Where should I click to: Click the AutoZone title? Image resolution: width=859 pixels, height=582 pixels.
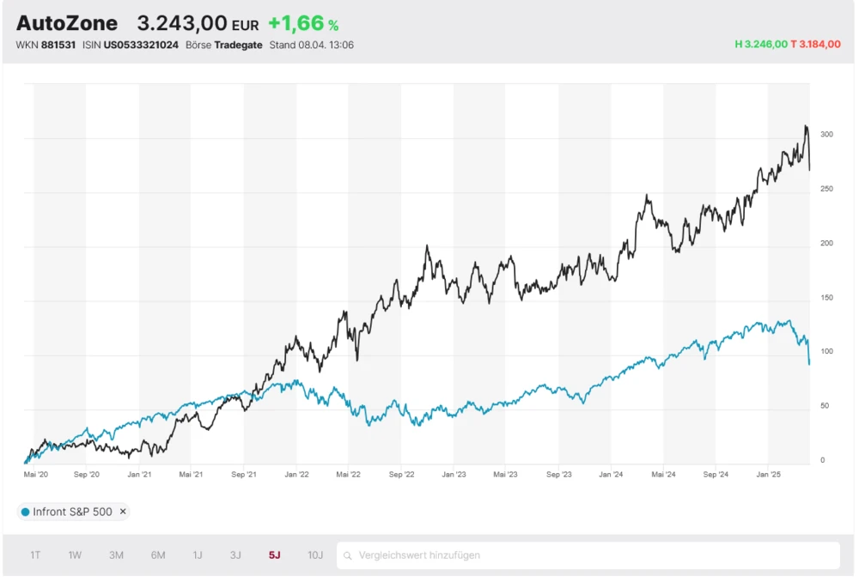[67, 23]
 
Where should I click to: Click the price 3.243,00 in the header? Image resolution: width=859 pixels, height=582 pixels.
[182, 23]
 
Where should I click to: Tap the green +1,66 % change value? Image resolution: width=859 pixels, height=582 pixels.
[303, 24]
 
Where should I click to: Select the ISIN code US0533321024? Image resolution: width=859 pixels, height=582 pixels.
[141, 45]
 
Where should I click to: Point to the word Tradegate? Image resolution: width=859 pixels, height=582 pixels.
[238, 45]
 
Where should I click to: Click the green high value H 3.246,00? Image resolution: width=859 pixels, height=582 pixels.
[761, 44]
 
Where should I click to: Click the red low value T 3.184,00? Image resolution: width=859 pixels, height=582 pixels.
[815, 44]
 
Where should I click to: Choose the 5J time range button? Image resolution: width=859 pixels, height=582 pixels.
[275, 555]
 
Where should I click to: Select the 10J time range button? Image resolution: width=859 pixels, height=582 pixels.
[315, 555]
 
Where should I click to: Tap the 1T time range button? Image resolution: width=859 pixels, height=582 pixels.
[35, 555]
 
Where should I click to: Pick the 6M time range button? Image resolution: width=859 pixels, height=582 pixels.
[158, 555]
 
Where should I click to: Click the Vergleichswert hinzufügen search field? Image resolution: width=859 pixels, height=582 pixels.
[588, 555]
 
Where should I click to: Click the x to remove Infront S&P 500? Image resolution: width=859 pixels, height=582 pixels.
[123, 512]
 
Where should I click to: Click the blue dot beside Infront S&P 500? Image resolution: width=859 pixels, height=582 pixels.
[25, 512]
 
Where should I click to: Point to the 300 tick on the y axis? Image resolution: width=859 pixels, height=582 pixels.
[826, 135]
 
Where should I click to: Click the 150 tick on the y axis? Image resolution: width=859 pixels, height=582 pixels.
[826, 298]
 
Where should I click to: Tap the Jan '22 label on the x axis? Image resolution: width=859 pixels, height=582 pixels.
[296, 474]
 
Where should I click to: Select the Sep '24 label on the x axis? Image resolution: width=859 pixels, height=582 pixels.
[716, 474]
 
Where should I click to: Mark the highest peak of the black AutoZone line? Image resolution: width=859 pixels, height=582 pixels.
[806, 126]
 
